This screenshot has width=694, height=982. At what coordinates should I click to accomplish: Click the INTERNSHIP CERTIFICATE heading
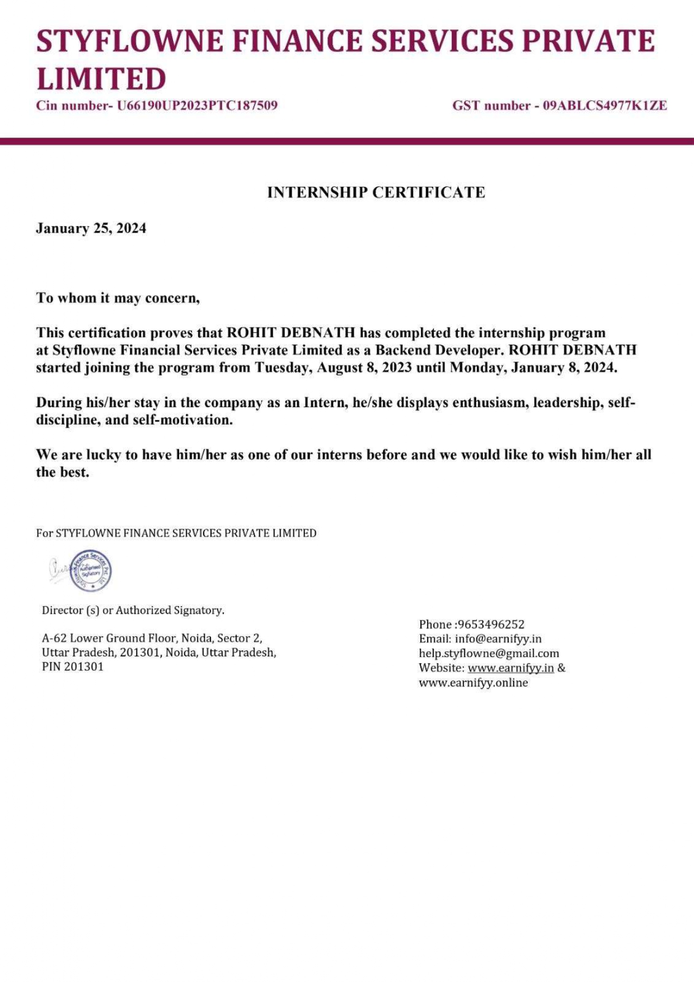[376, 192]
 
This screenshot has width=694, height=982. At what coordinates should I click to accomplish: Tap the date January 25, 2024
[91, 228]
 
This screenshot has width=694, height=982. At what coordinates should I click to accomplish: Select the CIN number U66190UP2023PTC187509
[197, 106]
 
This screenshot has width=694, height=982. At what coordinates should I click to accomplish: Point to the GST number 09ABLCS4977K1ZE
[605, 106]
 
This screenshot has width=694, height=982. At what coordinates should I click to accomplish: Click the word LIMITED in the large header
[101, 78]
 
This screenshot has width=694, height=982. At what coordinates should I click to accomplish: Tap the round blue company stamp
[91, 570]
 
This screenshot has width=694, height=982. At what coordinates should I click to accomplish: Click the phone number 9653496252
[491, 624]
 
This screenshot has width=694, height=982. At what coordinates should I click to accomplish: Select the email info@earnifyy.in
[498, 639]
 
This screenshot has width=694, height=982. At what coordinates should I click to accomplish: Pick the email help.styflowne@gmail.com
[489, 654]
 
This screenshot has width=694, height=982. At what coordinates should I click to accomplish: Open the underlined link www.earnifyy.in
[510, 668]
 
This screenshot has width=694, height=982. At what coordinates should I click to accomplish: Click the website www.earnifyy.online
[473, 683]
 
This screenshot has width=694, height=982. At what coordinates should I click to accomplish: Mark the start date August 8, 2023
[365, 368]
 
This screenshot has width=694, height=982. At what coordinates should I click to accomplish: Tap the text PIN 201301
[73, 667]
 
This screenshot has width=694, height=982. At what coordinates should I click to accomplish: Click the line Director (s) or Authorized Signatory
[133, 610]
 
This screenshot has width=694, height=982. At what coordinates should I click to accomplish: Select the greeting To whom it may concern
[118, 298]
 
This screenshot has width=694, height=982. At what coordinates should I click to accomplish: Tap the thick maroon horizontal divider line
[347, 142]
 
